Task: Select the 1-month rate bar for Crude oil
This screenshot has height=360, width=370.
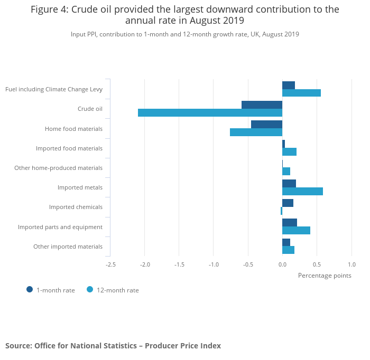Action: [262, 105]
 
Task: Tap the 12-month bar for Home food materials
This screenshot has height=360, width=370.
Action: [256, 132]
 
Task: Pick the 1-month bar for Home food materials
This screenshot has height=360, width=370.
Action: [266, 124]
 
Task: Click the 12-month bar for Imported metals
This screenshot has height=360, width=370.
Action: [302, 191]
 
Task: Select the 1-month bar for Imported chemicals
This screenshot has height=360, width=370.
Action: [288, 203]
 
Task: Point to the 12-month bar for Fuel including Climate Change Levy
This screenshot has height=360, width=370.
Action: [301, 93]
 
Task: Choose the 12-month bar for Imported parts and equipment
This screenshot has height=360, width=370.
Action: [296, 231]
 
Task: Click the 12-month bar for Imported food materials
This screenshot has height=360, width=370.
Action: [289, 152]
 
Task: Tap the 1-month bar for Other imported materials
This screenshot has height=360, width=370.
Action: [286, 242]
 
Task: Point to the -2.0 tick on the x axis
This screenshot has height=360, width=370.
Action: [145, 264]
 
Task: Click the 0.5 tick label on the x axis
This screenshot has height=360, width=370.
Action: [317, 264]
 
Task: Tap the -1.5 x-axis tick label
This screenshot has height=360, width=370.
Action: [179, 264]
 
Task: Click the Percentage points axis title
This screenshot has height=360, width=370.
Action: [324, 275]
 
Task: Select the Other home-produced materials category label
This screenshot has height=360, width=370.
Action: [58, 168]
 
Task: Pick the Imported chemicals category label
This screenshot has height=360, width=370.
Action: [76, 207]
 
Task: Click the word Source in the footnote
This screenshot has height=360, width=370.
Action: [18, 346]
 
